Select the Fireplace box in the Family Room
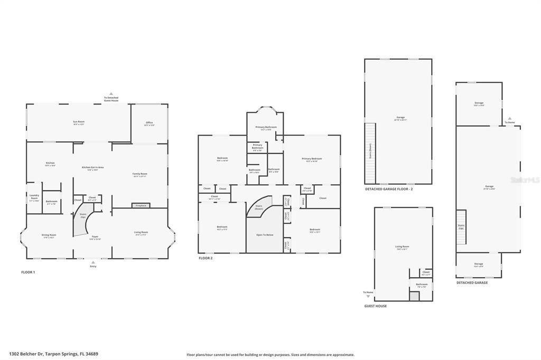pyautogui.click(x=141, y=205)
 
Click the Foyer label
pyautogui.click(x=95, y=238)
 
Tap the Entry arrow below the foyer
pyautogui.click(x=94, y=261)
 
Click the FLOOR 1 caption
pyautogui.click(x=27, y=272)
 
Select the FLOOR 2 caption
pyautogui.click(x=206, y=258)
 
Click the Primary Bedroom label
pyautogui.click(x=312, y=159)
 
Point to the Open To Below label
pyautogui.click(x=265, y=234)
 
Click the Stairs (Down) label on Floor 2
pyautogui.click(x=259, y=207)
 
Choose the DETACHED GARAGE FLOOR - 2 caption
pyautogui.click(x=389, y=188)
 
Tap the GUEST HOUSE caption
pyautogui.click(x=375, y=306)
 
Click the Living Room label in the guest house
pyautogui.click(x=402, y=248)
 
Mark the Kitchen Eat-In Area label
pyautogui.click(x=93, y=168)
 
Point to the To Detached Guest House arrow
pyautogui.click(x=111, y=94)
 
